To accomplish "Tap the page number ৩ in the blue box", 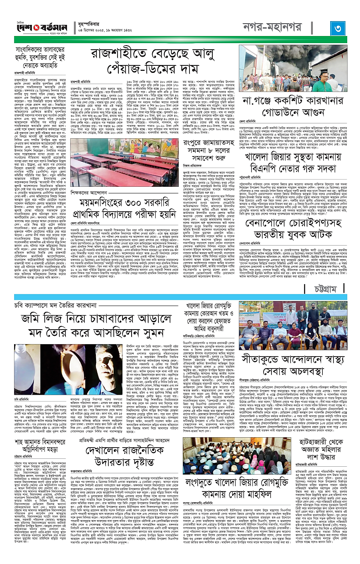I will point(337,30).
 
